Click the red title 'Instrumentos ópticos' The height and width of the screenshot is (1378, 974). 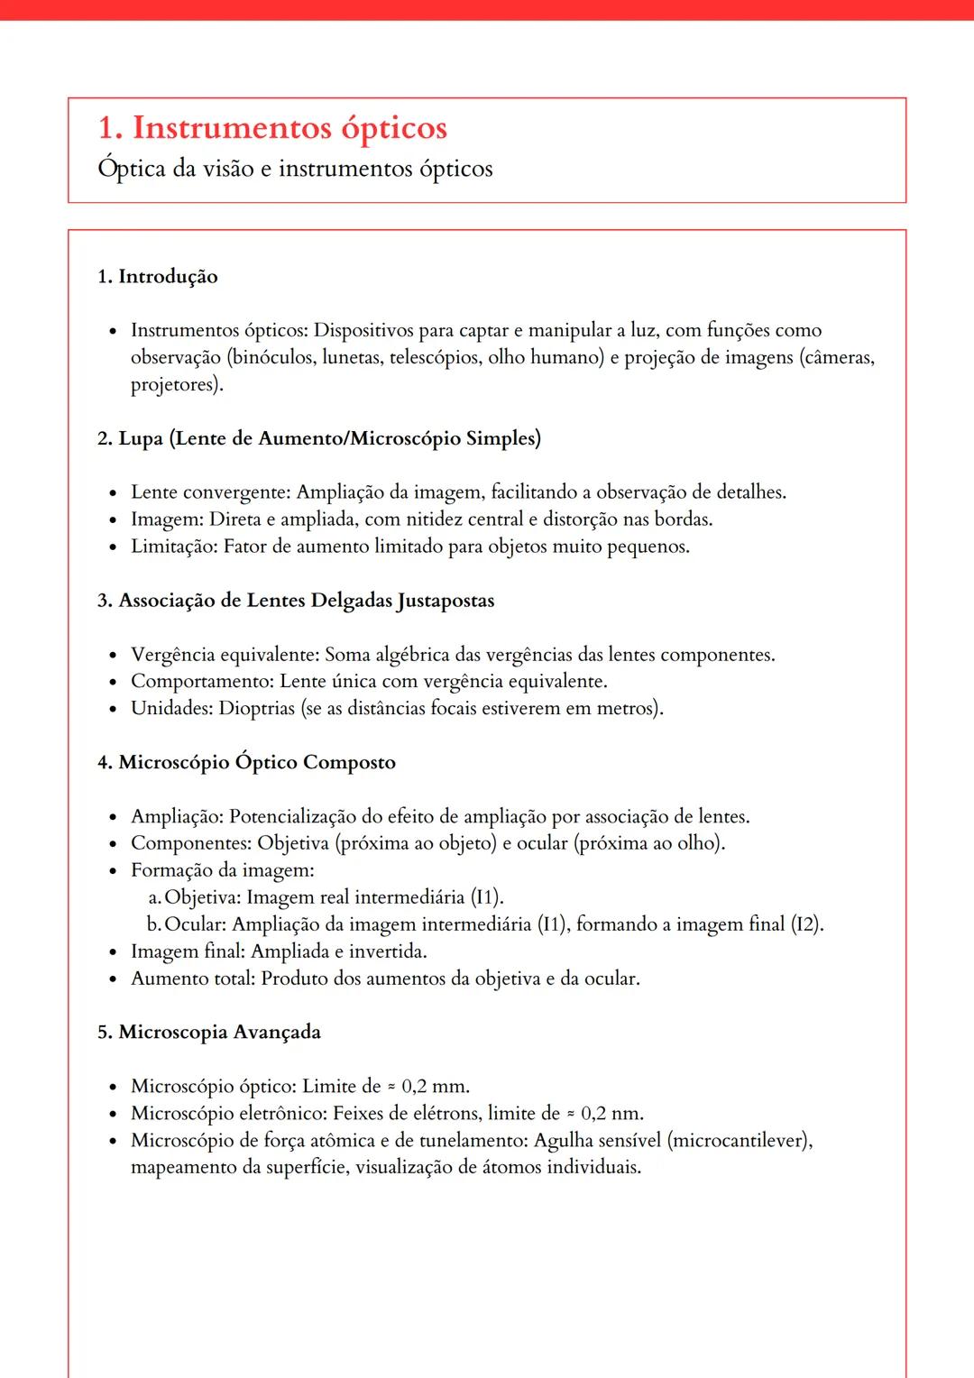[289, 128]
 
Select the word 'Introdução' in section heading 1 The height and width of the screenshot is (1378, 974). [168, 277]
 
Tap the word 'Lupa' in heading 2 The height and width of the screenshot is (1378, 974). [141, 439]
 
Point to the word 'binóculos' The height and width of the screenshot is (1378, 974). [274, 358]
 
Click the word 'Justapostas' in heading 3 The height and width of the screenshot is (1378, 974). [446, 601]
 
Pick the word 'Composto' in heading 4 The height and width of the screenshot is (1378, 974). [349, 763]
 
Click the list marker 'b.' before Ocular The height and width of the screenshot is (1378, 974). [154, 924]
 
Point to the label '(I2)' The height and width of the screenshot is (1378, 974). [805, 924]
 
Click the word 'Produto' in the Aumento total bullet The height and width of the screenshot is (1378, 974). [293, 978]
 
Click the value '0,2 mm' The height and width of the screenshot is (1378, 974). [434, 1087]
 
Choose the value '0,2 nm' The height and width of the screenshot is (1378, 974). [611, 1114]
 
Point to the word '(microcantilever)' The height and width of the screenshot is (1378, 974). [739, 1141]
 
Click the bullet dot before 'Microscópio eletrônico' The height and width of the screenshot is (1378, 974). [113, 1115]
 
